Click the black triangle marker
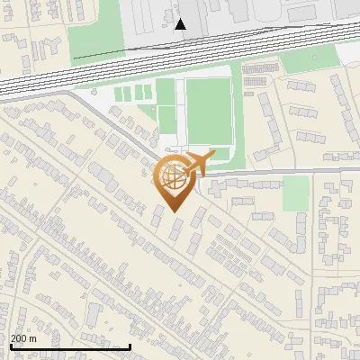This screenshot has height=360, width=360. pyautogui.click(x=181, y=24)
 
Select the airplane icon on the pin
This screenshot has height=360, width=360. pyautogui.click(x=199, y=163)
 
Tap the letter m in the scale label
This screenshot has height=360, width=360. pyautogui.click(x=33, y=338)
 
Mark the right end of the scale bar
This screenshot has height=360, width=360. pyautogui.click(x=130, y=347)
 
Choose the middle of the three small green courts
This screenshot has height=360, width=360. pyautogui.click(x=136, y=92)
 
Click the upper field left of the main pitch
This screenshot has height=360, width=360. pyautogui.click(x=166, y=91)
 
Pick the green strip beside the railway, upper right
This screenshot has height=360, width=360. pyautogui.click(x=306, y=62)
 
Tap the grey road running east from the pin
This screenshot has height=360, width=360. pyautogui.click(x=279, y=171)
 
